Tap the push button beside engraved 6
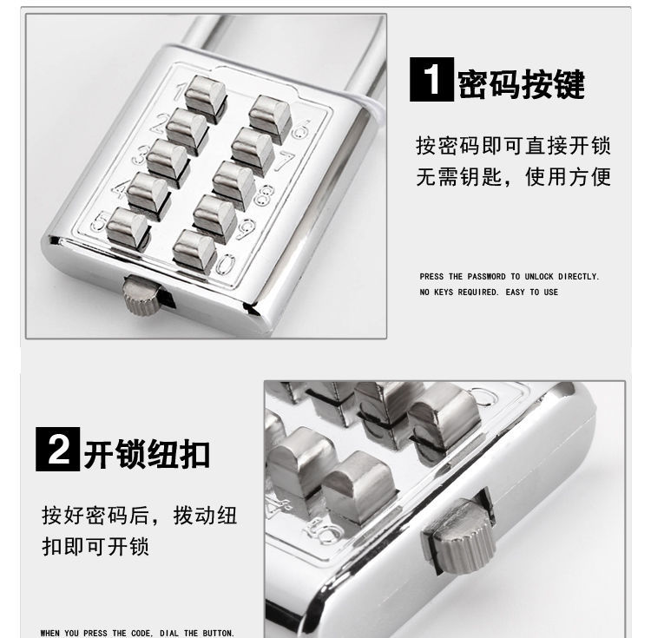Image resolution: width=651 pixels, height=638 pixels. [x=270, y=115]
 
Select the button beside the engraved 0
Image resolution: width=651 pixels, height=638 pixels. [x=194, y=248]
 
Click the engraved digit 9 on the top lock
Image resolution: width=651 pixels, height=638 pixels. [x=247, y=230]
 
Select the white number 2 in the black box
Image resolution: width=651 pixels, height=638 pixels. [x=57, y=451]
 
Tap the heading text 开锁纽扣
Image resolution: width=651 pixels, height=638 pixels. [x=147, y=451]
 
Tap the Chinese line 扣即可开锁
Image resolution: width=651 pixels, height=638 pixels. [x=96, y=547]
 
